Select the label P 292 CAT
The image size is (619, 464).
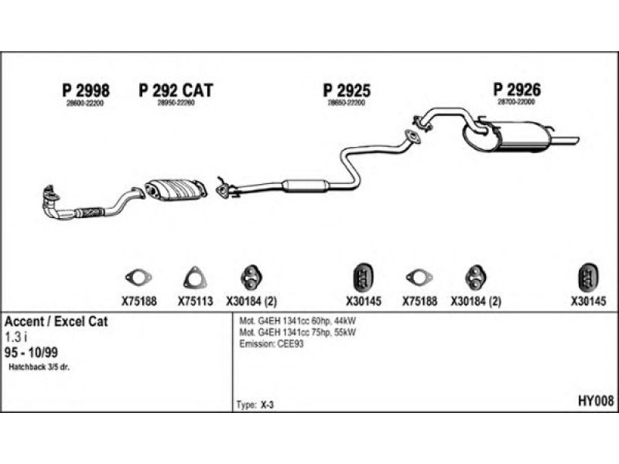176,90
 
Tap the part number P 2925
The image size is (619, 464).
346,90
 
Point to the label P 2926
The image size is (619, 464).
517,90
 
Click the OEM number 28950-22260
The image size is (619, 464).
176,103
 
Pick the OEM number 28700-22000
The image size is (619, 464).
516,102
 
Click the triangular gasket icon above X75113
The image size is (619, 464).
193,277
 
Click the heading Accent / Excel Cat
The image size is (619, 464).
56,321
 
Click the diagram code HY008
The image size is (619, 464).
596,401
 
